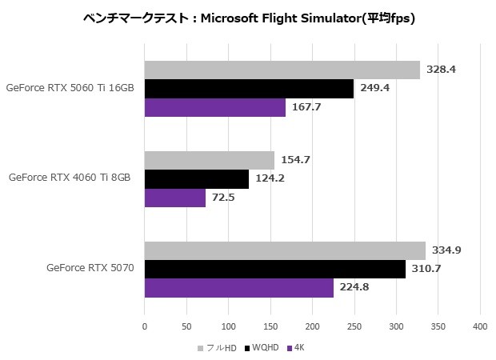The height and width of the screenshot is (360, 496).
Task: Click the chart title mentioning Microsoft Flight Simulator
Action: tap(248, 17)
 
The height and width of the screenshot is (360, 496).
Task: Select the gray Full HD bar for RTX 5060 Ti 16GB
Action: tap(282, 70)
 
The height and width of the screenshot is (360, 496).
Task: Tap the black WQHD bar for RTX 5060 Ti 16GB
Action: tap(249, 88)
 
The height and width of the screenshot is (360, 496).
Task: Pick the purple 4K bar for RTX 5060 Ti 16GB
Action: tap(214, 107)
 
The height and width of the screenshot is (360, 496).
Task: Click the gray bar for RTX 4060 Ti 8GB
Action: tap(209, 160)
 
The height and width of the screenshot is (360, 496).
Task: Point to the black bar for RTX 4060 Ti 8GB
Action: tap(196, 178)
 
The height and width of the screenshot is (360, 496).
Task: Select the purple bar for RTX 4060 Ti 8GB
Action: tap(174, 197)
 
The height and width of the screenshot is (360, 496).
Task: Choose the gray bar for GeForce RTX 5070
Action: tap(285, 250)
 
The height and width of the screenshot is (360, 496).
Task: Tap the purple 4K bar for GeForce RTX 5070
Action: tap(238, 287)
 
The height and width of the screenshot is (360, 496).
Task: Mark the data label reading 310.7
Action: tap(426, 269)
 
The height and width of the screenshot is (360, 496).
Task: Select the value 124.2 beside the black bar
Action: tap(269, 178)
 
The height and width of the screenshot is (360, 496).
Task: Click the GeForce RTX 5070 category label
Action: tap(89, 268)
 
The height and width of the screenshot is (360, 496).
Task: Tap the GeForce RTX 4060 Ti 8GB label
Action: tap(70, 178)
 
